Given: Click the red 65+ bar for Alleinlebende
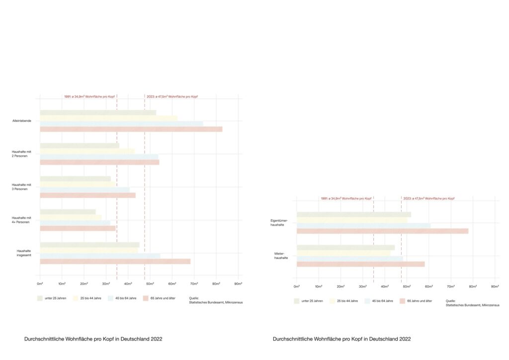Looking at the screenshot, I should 131,129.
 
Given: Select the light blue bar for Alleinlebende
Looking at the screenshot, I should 121,124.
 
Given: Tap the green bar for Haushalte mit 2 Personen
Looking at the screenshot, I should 80,146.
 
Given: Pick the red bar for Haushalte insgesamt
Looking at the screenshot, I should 115,262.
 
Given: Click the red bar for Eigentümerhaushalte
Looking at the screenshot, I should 382,231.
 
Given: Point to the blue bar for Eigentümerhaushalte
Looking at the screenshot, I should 363,226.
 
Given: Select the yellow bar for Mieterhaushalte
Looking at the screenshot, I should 343,253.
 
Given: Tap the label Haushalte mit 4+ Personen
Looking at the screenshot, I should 22,220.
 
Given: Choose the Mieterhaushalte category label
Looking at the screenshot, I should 281,256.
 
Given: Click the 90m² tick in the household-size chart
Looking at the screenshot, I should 238,284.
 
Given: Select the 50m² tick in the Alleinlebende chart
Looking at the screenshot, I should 150,284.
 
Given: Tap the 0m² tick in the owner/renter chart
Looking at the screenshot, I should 297,287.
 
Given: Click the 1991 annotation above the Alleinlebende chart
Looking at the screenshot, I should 89,96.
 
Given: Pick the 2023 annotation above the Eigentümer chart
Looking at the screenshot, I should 428,198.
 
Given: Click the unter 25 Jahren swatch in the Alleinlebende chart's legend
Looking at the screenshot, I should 39,298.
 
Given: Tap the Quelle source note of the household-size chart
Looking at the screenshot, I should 216,300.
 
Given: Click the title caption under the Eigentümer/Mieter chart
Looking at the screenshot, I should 341,339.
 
